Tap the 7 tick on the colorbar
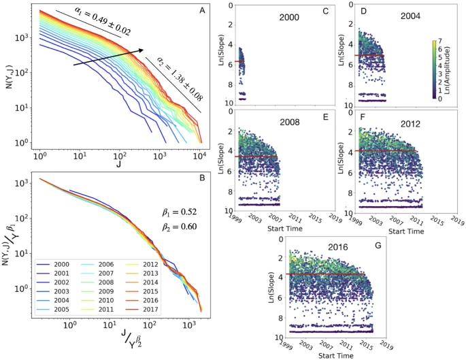[x=445, y=42]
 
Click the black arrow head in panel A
[x=142, y=49]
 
